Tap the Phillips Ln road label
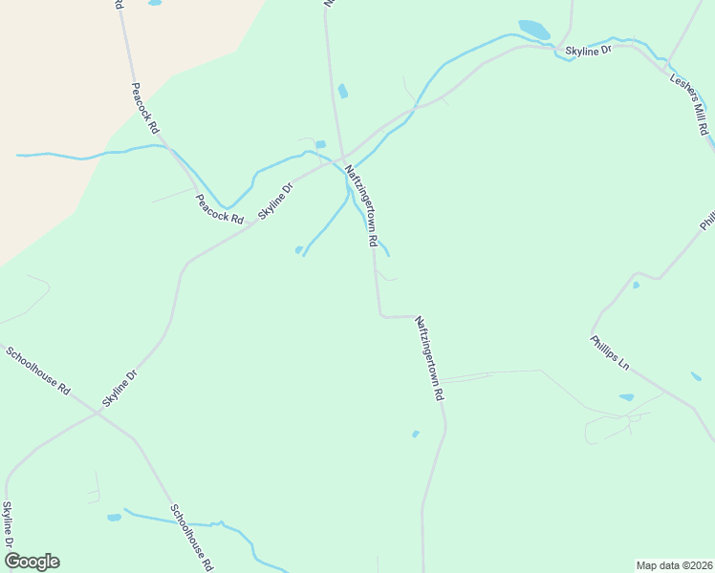tap(610, 352)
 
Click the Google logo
tap(32, 561)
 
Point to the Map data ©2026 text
tap(674, 564)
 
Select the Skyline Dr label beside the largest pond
tap(587, 51)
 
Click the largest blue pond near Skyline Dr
tap(534, 30)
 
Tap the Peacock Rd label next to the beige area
tap(145, 108)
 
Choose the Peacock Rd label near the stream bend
tap(219, 209)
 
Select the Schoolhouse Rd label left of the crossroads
tap(38, 371)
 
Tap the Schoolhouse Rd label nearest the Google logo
tap(191, 538)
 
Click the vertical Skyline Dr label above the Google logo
tap(8, 524)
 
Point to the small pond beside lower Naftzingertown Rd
tap(415, 435)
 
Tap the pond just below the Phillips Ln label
tap(626, 397)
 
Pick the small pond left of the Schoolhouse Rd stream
tap(115, 518)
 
